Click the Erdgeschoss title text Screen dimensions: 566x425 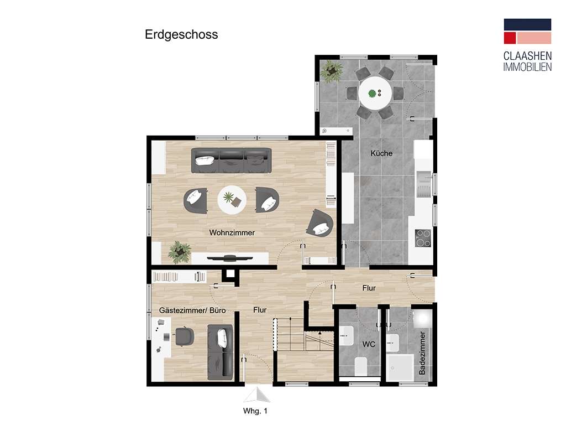[181, 35]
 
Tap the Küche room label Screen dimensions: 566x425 [381, 153]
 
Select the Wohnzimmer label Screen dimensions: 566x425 [232, 233]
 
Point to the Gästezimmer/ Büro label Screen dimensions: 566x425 [192, 310]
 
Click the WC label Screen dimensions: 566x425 [369, 344]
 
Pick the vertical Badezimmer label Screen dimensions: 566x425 [422, 353]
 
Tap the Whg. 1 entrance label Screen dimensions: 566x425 [255, 411]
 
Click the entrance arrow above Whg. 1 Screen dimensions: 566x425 [256, 395]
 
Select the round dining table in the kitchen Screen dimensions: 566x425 [375, 93]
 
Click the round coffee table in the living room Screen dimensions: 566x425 [232, 200]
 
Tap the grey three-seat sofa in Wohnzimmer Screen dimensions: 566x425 [232, 160]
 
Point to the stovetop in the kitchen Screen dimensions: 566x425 [423, 238]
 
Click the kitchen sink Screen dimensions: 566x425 [424, 184]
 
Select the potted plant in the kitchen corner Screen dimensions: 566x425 [332, 71]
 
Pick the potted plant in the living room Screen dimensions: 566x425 [180, 252]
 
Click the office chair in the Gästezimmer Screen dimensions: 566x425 [185, 336]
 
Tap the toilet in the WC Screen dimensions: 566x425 [361, 366]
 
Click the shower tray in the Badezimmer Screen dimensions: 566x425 [400, 367]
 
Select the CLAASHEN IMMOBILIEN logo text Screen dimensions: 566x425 [527, 61]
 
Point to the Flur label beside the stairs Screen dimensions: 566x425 [260, 310]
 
